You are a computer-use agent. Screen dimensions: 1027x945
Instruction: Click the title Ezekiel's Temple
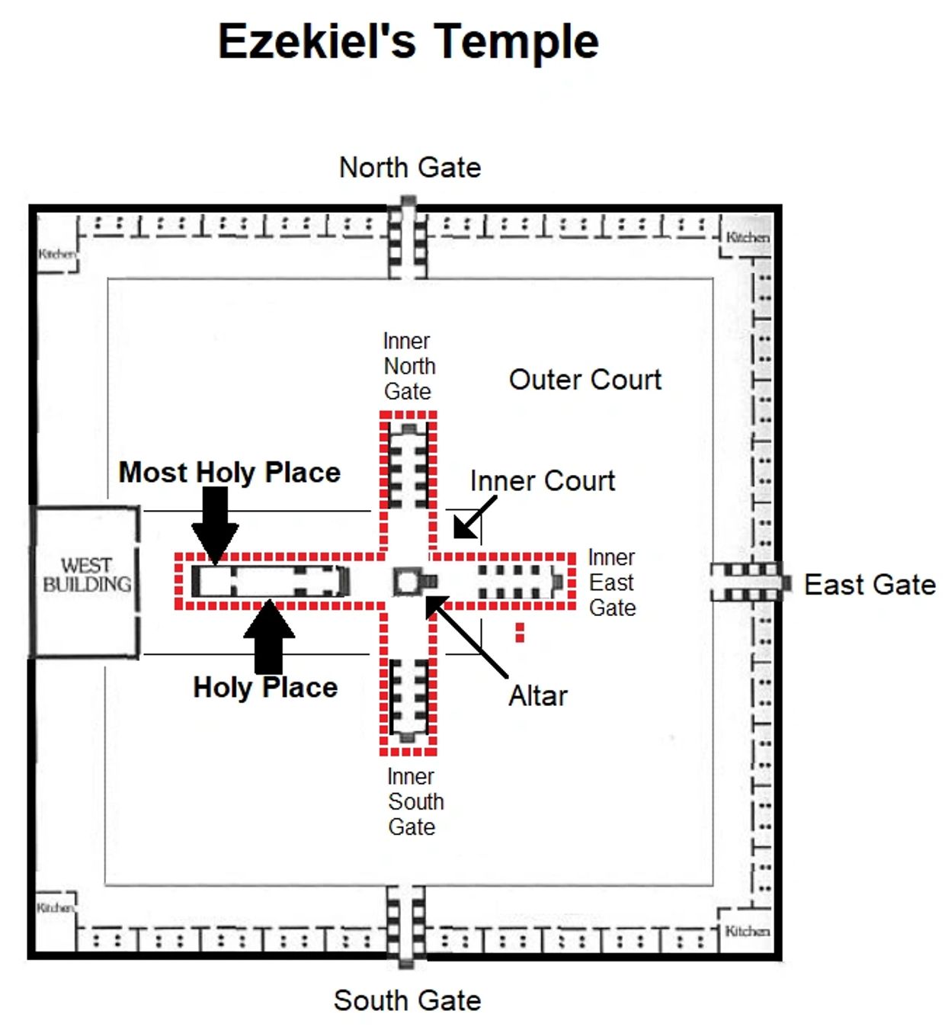click(408, 41)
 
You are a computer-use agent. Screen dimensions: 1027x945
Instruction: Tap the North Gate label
click(410, 167)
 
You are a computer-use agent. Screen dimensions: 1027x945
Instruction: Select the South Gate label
click(408, 1000)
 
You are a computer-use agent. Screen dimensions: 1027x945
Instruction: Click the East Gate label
click(870, 585)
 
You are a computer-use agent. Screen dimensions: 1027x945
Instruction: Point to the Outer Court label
click(585, 380)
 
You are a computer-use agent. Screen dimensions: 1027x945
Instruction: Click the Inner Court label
click(542, 481)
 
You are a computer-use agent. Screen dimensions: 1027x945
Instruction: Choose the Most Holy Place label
click(229, 472)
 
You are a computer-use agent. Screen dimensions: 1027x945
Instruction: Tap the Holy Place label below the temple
click(265, 687)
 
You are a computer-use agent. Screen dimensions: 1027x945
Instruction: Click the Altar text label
click(538, 695)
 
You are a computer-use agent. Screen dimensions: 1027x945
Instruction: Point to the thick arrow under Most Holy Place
click(215, 525)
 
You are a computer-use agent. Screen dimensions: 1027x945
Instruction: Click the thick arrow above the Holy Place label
click(269, 637)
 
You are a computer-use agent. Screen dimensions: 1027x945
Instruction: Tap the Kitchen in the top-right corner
click(747, 238)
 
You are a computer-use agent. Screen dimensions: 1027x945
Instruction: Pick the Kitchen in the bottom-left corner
click(56, 907)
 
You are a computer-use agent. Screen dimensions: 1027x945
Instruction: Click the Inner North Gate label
click(408, 366)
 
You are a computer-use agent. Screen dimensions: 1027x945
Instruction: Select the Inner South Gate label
click(415, 801)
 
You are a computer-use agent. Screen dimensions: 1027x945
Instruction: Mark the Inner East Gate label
click(612, 583)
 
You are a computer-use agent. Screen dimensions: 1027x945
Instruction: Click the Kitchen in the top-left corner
click(57, 253)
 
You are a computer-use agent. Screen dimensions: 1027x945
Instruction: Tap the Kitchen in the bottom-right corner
click(747, 931)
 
